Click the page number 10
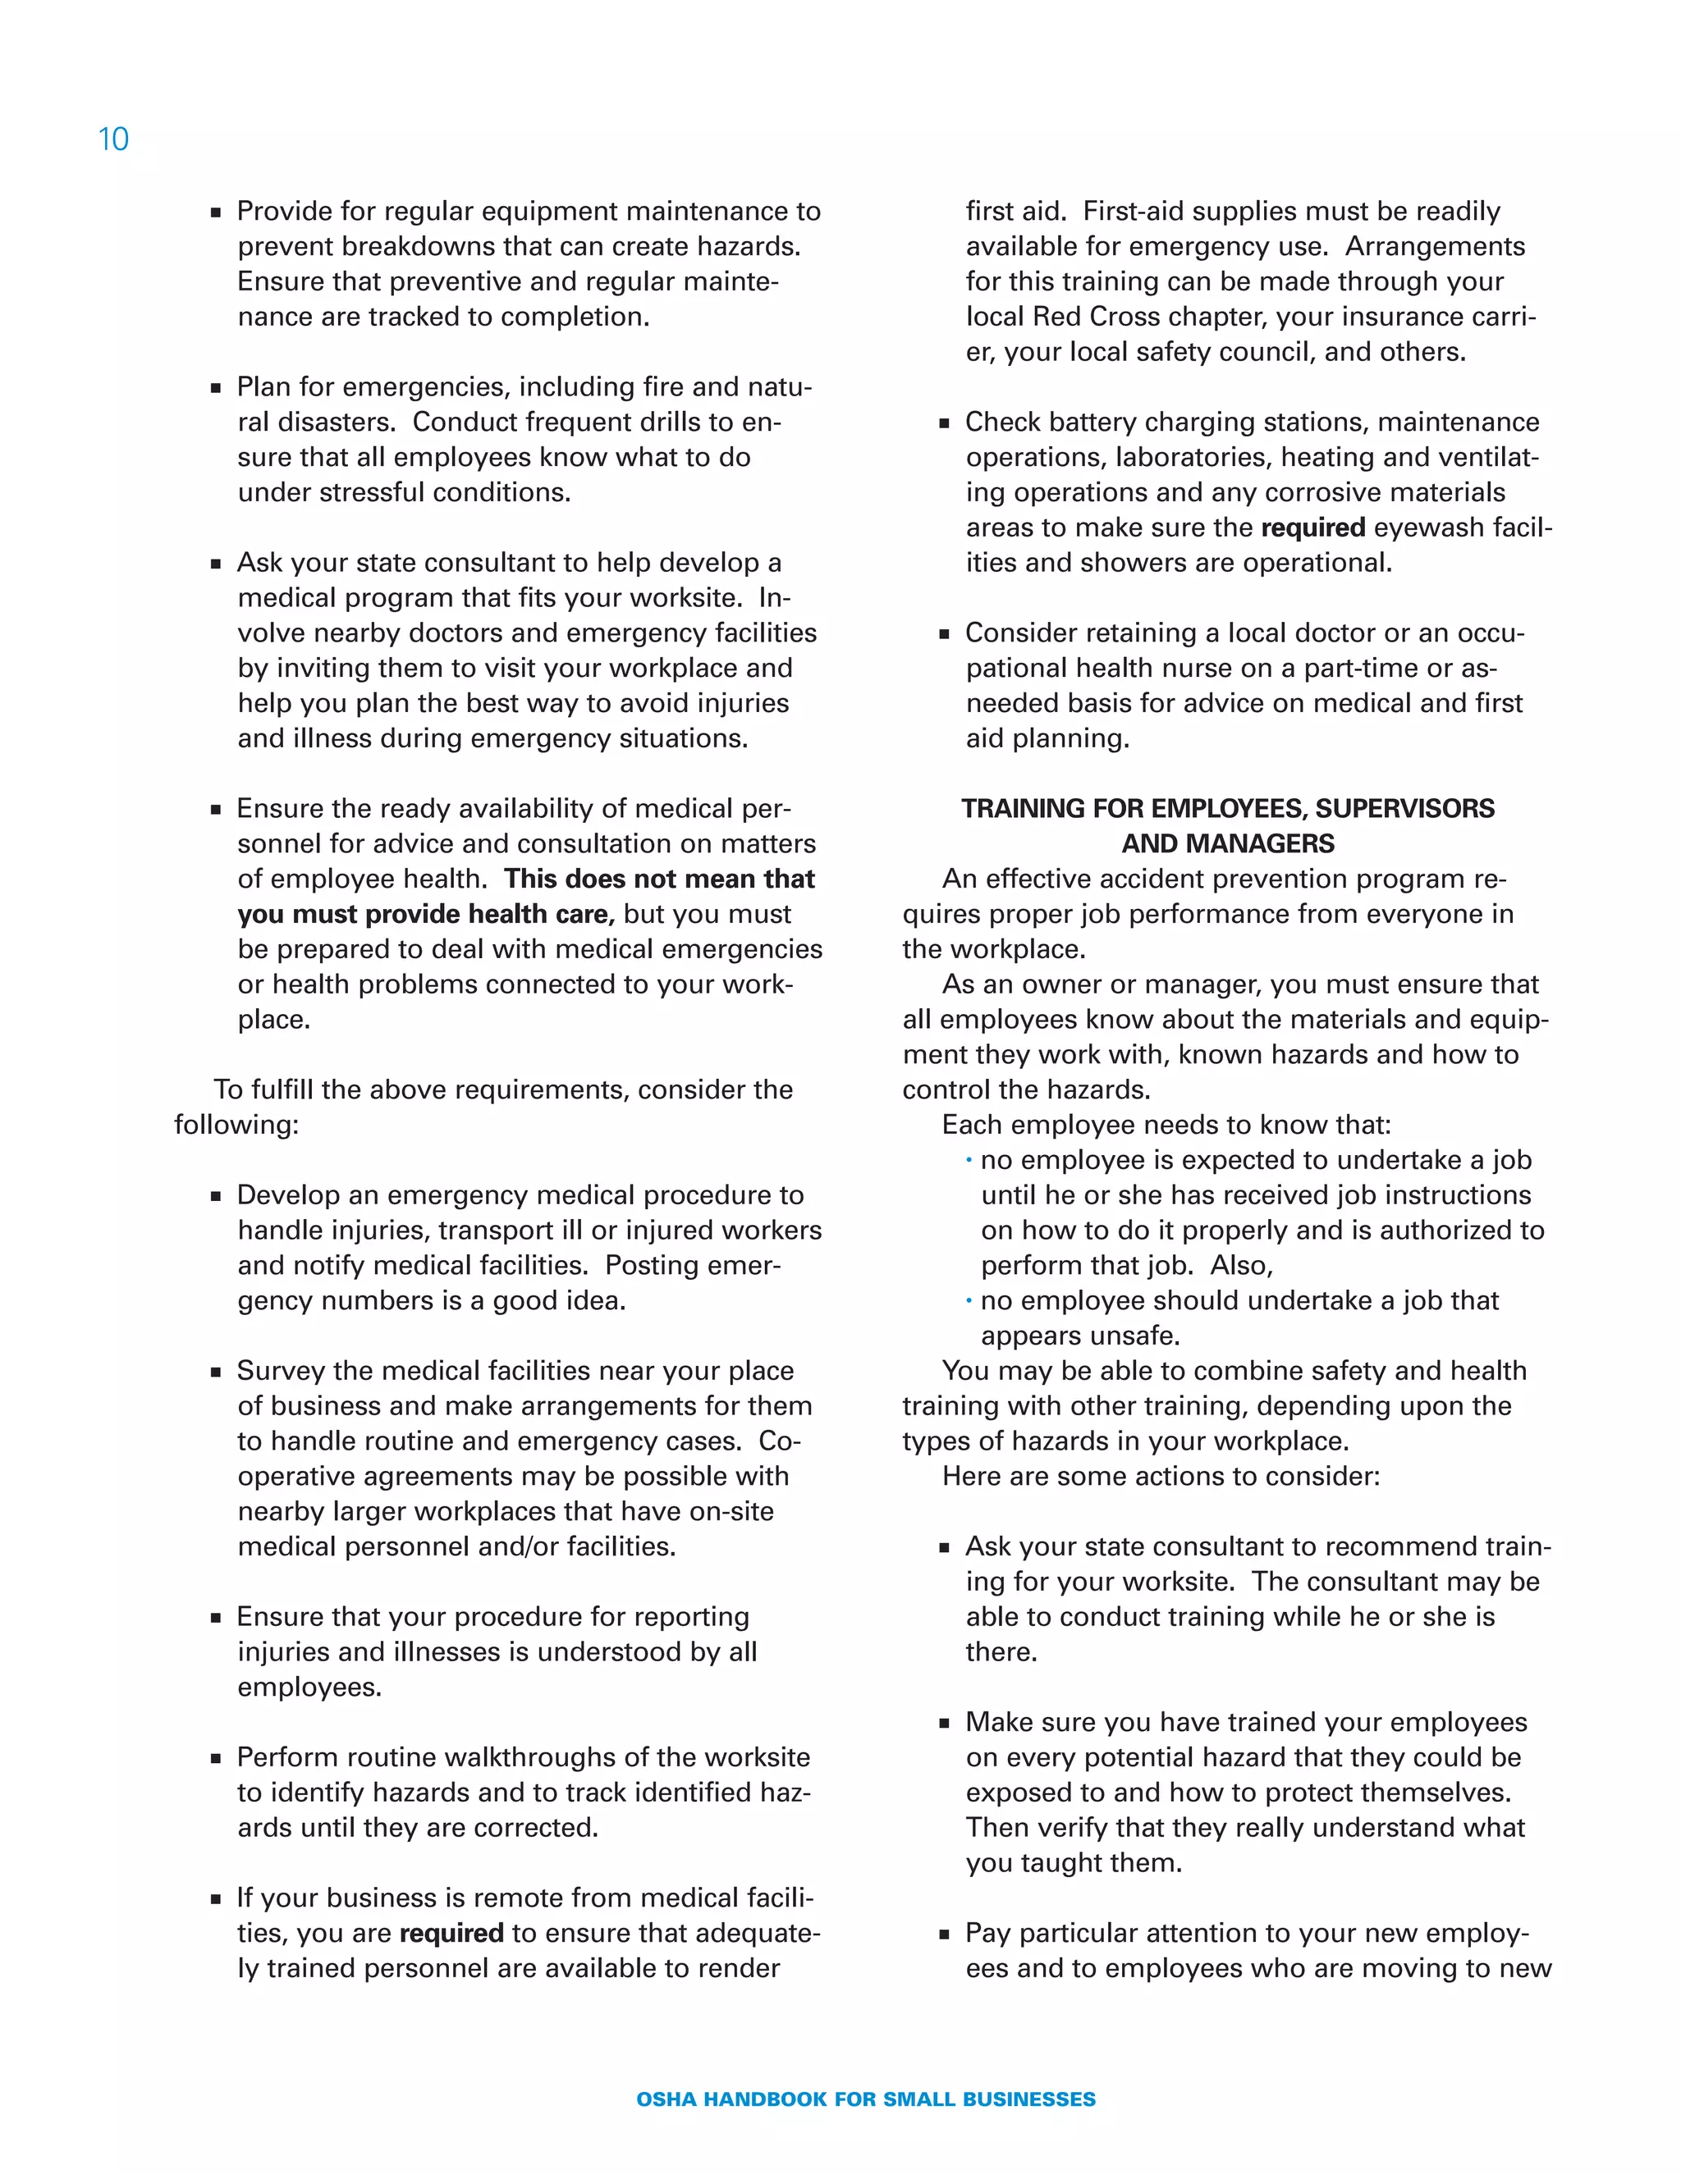point(113,139)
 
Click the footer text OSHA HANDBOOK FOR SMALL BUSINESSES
point(865,2099)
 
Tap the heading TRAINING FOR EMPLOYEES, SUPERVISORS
point(1227,808)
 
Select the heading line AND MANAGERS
point(1227,843)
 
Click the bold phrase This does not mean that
point(659,879)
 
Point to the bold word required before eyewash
point(1312,528)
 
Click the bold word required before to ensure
point(451,1933)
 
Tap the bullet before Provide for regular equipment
point(216,212)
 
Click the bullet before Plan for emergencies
point(216,387)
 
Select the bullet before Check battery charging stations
point(944,423)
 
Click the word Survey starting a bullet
point(281,1371)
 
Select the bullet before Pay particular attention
point(944,1934)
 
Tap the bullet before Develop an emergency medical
point(216,1195)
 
